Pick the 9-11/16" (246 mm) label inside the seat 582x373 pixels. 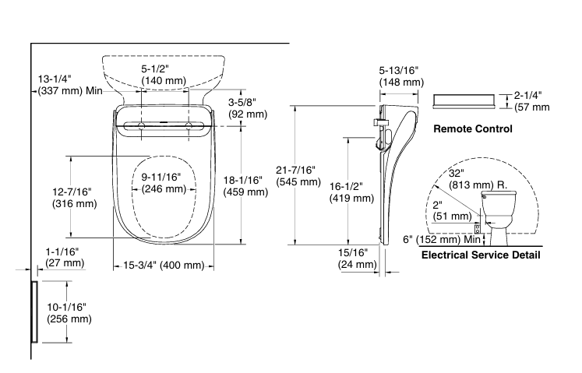pyautogui.click(x=163, y=182)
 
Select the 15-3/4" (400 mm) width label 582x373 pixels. pyautogui.click(x=164, y=266)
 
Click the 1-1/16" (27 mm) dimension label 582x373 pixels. pyautogui.click(x=63, y=257)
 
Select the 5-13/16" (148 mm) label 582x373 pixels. pyautogui.click(x=401, y=76)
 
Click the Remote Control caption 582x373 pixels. pyautogui.click(x=472, y=128)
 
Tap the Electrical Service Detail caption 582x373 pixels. pyautogui.click(x=480, y=255)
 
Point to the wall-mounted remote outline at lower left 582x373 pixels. pyautogui.click(x=34, y=312)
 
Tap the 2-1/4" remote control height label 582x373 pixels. pyautogui.click(x=531, y=101)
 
